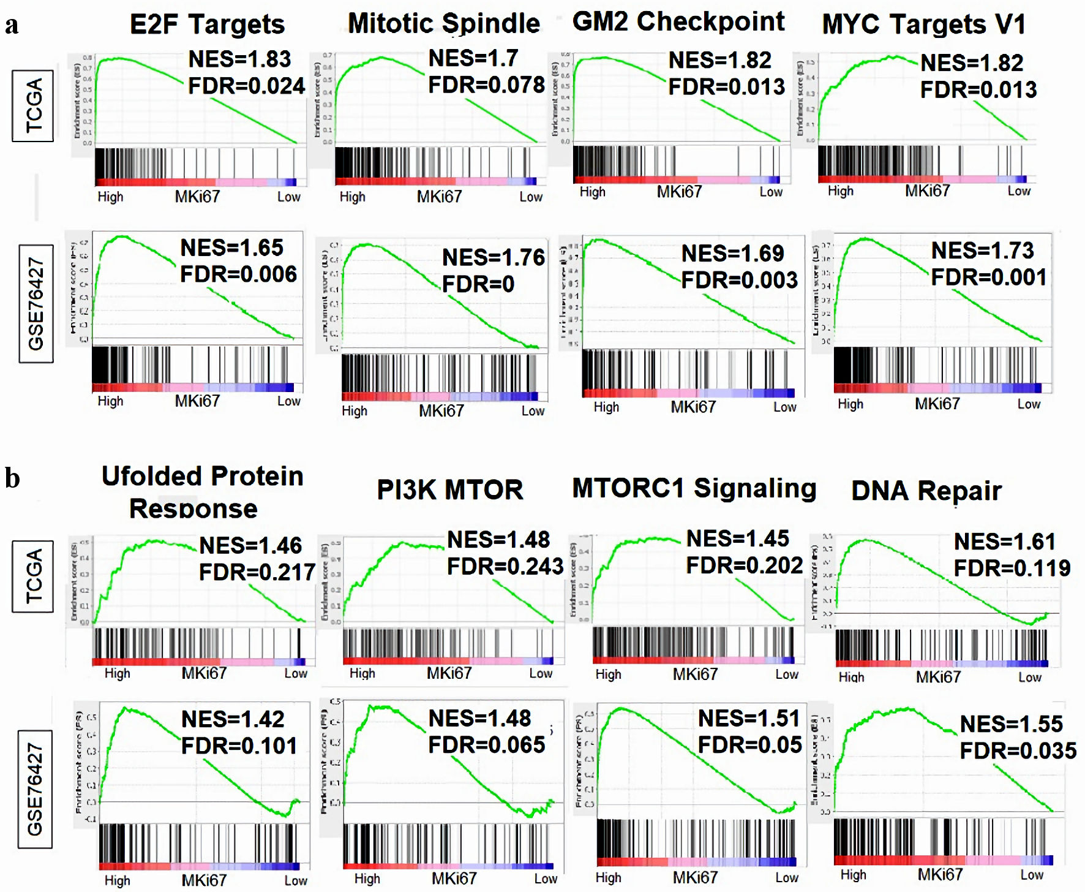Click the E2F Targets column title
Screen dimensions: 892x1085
tap(207, 25)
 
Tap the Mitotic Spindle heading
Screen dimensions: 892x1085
tap(444, 24)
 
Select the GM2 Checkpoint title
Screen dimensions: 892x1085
tap(678, 22)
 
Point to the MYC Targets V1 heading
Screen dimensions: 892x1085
tap(923, 25)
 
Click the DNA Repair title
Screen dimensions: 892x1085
tap(926, 491)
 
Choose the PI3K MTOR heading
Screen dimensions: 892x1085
tap(450, 490)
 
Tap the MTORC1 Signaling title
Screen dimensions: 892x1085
tap(694, 489)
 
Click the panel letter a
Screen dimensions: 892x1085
tap(12, 26)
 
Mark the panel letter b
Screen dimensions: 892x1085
tap(12, 478)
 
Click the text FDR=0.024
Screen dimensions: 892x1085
tap(246, 86)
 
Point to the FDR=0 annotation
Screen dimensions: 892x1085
tap(478, 284)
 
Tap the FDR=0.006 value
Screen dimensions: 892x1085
tap(238, 274)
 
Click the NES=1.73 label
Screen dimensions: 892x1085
tap(982, 251)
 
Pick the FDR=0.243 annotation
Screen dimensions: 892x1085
tap(505, 567)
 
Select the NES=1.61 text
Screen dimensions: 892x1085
tap(1005, 542)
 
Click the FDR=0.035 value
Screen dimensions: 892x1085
tap(1018, 750)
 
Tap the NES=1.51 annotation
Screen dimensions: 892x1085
tap(749, 718)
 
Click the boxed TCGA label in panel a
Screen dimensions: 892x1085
tap(33, 105)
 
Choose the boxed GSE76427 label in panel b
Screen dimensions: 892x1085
tap(35, 789)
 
